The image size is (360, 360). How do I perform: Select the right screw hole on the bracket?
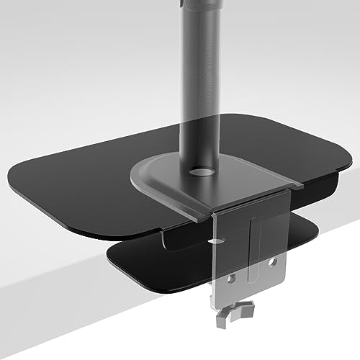272,263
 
